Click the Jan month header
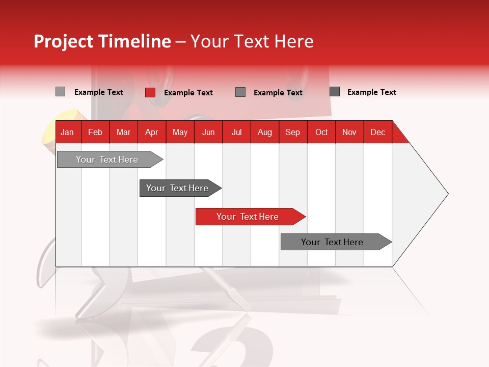tap(68, 132)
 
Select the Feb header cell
tap(95, 132)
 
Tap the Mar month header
tap(123, 132)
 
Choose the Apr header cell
tap(152, 132)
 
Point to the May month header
tap(180, 132)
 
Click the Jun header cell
tap(208, 132)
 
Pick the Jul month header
tap(236, 132)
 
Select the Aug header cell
tap(265, 132)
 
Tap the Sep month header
tap(293, 132)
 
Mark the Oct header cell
tap(321, 132)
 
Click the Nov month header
tap(349, 132)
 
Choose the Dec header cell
tap(378, 132)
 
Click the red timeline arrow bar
tap(248, 217)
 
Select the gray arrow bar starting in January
tap(107, 160)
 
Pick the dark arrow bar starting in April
tap(178, 188)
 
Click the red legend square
tap(150, 92)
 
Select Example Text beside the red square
tap(188, 93)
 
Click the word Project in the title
tap(64, 41)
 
